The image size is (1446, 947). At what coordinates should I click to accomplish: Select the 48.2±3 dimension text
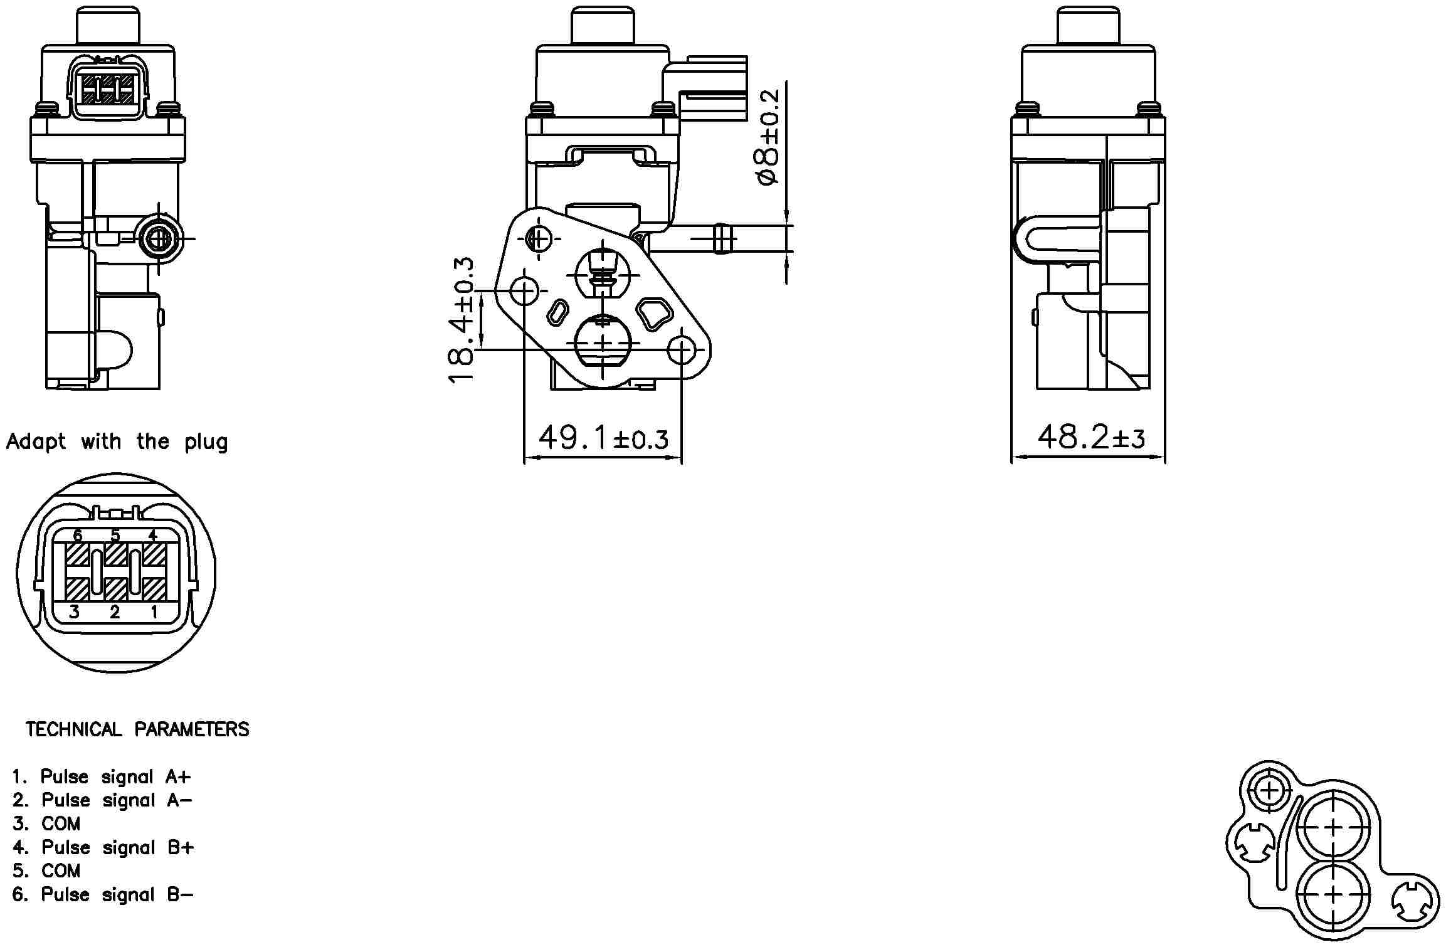[1091, 436]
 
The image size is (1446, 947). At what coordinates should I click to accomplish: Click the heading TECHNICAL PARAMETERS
[137, 729]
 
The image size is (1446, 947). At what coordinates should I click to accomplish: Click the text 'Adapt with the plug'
[117, 442]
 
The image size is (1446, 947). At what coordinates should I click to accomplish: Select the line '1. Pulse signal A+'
[101, 777]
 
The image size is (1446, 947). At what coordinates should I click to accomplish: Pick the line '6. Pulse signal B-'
[103, 895]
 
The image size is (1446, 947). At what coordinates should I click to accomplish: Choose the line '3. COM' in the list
[47, 824]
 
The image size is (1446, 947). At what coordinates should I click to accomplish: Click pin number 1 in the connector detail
[154, 611]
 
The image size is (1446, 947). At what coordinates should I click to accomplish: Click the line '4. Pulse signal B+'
[103, 848]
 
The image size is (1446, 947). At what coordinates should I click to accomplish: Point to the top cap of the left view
[108, 26]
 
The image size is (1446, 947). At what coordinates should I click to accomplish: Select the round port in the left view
[158, 239]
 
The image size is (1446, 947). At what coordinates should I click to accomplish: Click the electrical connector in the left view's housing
[108, 88]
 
